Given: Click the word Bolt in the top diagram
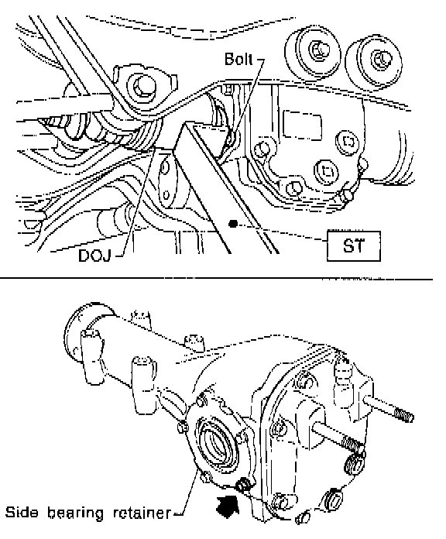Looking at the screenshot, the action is click(238, 59).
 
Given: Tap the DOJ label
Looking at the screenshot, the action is click(94, 256).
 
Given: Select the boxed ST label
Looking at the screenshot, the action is click(354, 246).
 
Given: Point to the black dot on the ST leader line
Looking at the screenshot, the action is click(233, 224).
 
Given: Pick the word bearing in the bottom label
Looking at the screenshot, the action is click(76, 513).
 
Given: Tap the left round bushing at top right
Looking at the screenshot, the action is click(313, 53).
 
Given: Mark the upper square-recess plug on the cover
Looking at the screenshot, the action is click(347, 142).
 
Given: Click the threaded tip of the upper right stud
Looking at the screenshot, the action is click(404, 414).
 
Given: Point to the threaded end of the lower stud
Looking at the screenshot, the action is click(354, 444).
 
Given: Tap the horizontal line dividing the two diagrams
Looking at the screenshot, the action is click(217, 278).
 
